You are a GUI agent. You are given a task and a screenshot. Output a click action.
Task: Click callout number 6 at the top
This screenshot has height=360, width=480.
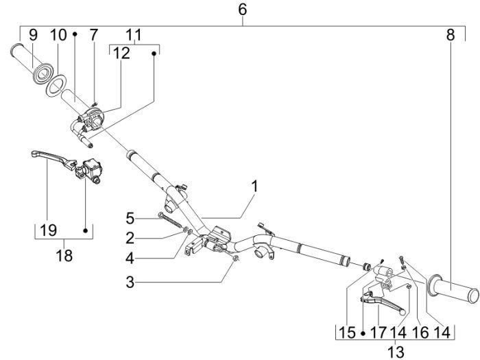[242, 10]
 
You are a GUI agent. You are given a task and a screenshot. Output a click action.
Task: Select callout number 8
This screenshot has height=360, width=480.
[450, 34]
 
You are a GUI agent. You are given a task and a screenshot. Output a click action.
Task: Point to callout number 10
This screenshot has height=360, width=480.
[58, 34]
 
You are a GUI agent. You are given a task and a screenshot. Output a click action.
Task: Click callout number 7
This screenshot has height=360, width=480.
[94, 34]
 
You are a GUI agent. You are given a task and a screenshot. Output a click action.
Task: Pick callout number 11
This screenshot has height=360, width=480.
[134, 34]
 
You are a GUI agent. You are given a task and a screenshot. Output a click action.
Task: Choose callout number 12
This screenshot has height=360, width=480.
[121, 53]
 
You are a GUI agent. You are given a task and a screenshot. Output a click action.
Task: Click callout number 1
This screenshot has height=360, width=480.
[254, 186]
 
